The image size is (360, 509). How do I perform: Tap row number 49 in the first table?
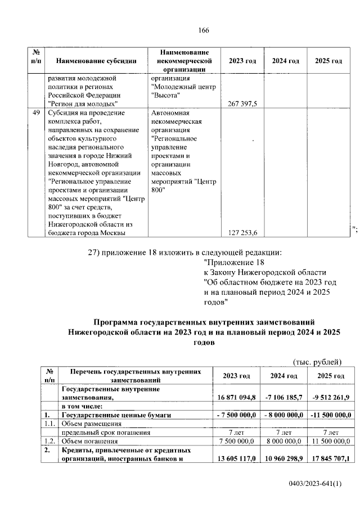(37, 112)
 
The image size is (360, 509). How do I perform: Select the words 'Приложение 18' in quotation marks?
(233, 262)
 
